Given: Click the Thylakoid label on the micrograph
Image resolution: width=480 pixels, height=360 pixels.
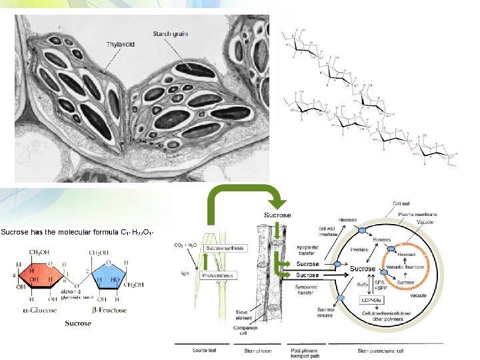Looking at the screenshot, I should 120,44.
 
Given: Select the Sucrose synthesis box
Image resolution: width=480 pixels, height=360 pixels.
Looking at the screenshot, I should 207,248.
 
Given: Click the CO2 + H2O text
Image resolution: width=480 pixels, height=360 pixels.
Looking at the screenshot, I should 184,246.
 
